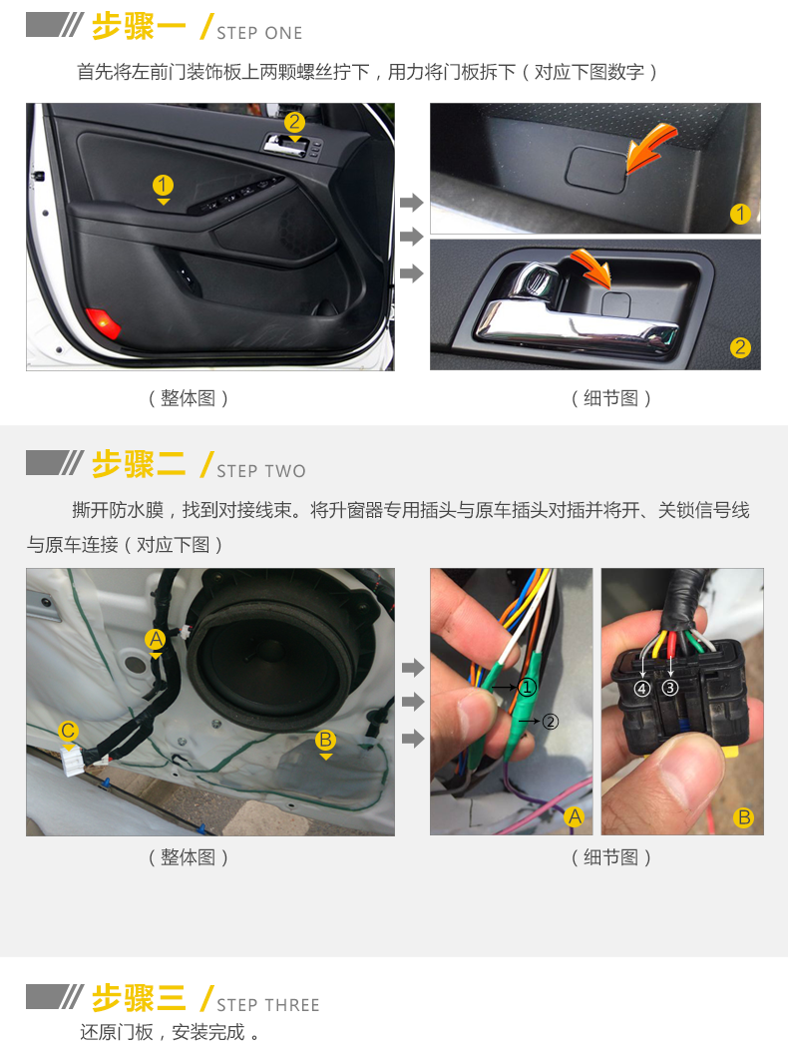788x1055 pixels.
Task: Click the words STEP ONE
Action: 259,33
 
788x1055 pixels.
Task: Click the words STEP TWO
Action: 261,471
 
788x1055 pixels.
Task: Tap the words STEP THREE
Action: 267,1004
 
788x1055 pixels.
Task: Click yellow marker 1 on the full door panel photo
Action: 163,185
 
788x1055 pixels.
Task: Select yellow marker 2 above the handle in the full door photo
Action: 294,122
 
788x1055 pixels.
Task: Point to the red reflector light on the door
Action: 103,323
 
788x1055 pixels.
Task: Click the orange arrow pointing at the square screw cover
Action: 650,146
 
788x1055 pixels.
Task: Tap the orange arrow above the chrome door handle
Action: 591,266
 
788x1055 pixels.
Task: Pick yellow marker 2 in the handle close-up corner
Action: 740,347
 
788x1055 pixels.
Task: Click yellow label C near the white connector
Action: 68,731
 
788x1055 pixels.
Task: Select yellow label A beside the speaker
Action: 156,639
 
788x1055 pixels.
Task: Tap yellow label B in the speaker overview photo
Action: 325,741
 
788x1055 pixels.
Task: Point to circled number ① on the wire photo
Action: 527,687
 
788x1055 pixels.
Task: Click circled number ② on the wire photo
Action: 550,722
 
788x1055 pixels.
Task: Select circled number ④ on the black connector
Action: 642,689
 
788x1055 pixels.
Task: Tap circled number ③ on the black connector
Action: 669,688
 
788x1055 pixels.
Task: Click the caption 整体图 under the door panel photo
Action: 189,398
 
